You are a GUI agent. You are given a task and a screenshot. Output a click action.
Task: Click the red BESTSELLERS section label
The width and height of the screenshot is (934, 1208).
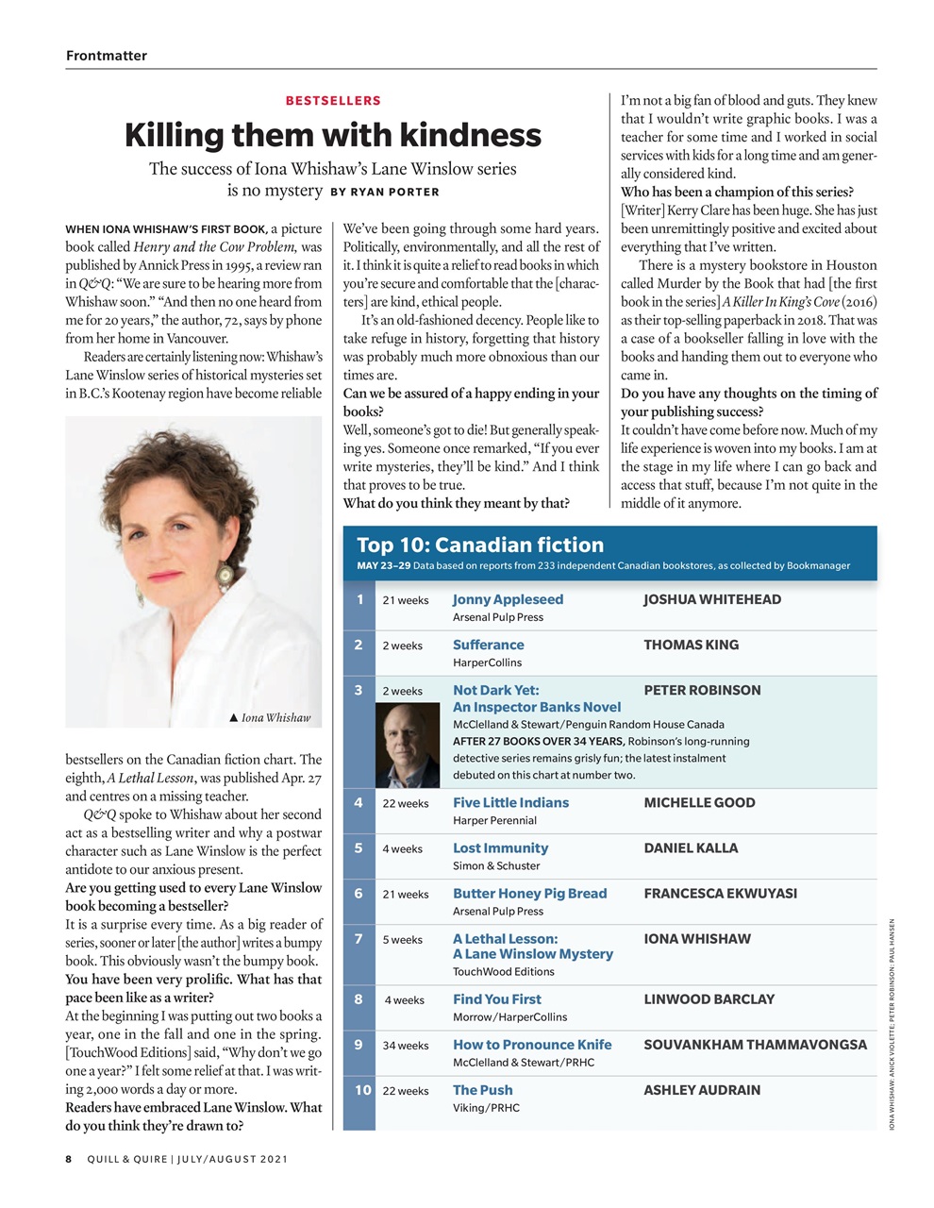(333, 100)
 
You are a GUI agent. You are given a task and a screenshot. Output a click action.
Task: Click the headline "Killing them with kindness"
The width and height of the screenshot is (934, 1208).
(333, 135)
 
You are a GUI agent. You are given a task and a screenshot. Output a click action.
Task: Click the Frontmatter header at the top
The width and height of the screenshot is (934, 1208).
(107, 56)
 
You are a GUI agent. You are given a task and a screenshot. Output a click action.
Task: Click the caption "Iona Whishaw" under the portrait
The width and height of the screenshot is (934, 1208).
(275, 717)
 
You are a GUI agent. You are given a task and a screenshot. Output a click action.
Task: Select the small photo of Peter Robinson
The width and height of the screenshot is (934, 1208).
(408, 745)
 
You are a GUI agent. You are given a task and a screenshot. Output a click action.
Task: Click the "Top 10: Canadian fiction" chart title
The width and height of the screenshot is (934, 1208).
(480, 545)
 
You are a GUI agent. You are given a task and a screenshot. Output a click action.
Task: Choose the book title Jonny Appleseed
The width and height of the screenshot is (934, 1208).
(508, 599)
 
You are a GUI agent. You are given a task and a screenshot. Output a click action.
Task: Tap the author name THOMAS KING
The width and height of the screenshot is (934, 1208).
(691, 645)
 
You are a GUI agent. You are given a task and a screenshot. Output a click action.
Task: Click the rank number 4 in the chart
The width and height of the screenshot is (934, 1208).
(359, 803)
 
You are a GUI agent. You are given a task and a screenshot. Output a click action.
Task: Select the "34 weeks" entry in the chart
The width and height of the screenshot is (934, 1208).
(406, 1046)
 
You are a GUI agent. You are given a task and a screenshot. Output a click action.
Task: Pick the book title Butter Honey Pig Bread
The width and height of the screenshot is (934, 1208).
(529, 894)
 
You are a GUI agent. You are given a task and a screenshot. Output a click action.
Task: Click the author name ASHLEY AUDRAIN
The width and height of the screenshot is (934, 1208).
(702, 1090)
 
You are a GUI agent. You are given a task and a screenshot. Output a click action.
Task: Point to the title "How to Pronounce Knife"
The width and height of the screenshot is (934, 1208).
(532, 1045)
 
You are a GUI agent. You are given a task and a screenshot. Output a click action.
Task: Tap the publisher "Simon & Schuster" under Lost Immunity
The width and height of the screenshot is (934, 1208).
(496, 865)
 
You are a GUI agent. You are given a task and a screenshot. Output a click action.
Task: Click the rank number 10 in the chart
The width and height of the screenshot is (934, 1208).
(362, 1090)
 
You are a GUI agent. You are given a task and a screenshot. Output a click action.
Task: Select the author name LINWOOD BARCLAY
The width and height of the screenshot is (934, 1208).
(709, 999)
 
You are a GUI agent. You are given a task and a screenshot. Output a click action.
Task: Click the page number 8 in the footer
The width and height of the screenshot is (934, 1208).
(69, 1159)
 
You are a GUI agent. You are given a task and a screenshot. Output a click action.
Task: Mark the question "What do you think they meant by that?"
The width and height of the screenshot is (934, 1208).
(456, 503)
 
